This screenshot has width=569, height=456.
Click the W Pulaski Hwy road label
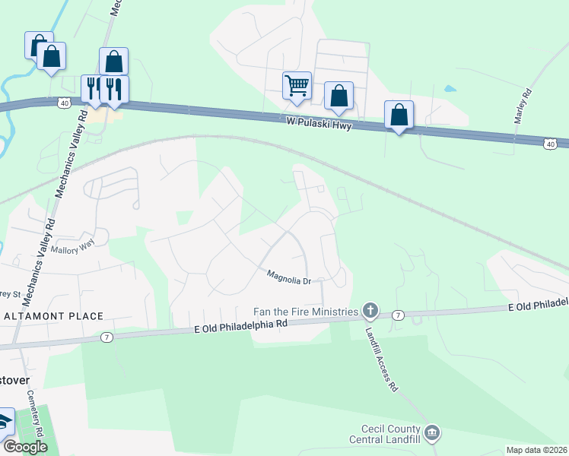319,123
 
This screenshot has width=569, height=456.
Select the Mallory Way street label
72,245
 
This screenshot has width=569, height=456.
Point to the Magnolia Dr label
289,278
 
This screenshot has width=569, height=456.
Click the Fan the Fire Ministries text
306,312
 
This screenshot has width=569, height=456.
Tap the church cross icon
370,309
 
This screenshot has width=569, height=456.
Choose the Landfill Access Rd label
381,363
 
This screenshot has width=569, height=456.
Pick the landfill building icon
433,433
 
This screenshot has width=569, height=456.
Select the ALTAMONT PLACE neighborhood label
53,315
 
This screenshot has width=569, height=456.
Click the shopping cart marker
297,85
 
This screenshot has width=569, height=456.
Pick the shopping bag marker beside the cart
339,97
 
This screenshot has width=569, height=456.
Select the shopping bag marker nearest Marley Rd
399,116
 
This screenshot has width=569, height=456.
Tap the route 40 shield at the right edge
551,143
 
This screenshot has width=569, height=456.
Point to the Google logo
24,448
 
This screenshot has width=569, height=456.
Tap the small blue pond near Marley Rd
450,88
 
